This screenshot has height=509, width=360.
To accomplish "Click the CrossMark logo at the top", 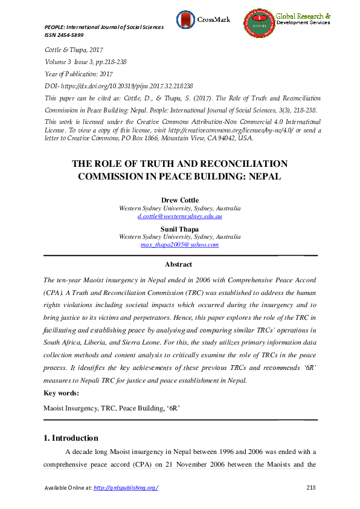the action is tap(199, 19).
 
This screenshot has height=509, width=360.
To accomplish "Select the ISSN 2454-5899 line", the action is tap(66, 35).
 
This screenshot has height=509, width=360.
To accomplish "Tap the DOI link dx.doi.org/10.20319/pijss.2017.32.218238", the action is tap(127, 86).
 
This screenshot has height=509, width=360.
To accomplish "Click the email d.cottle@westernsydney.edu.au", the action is tap(179, 216).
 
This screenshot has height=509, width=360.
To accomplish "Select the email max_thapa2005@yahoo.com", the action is tap(179, 245).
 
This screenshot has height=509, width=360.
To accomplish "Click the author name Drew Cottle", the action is tap(179, 200).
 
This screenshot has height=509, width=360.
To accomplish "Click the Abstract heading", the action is tap(179, 264).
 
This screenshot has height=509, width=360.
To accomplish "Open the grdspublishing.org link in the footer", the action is tap(127, 488).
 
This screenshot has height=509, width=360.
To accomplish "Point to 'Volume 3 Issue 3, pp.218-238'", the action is tap(88, 62).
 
